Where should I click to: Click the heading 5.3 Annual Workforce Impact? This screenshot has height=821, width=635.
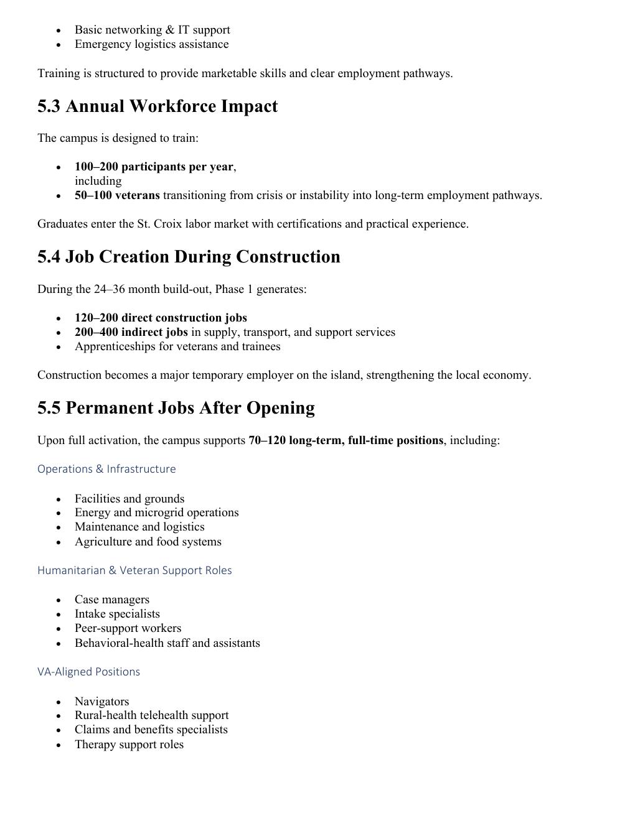point(158,106)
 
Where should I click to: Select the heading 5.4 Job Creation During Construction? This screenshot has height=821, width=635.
point(189,257)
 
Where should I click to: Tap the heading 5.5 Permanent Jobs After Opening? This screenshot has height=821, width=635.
point(176,408)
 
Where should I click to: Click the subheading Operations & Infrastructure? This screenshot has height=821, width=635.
point(106,469)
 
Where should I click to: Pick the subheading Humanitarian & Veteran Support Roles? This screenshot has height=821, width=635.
point(134,570)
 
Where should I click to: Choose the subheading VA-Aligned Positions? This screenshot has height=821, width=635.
point(88,672)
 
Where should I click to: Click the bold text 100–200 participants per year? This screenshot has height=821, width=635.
point(154,167)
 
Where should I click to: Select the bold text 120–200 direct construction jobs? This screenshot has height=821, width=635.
point(161,318)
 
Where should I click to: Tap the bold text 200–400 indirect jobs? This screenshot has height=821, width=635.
point(131,332)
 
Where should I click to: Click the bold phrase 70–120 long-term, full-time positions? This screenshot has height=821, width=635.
point(346,440)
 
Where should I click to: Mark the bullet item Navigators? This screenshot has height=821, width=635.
point(101,702)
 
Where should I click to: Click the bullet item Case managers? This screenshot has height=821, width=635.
point(112,600)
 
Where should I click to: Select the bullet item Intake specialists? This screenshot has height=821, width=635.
point(117,614)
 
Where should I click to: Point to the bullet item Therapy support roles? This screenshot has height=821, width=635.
point(129,744)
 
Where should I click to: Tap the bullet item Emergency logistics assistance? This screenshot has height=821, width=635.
point(151,44)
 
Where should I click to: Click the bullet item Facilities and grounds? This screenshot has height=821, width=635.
point(129,499)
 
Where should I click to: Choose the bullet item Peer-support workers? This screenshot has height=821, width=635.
point(128,628)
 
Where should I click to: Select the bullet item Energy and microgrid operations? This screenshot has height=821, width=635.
point(156,513)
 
